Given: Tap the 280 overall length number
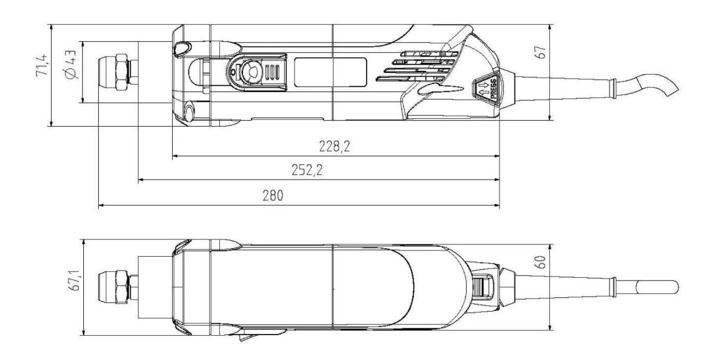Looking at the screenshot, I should pos(272,196).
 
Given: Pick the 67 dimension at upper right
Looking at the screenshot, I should pos(541,52).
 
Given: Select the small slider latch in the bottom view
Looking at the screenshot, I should pos(483,287).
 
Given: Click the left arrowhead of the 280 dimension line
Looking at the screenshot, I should pos(101,206).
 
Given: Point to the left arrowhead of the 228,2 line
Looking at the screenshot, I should pos(175,156).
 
